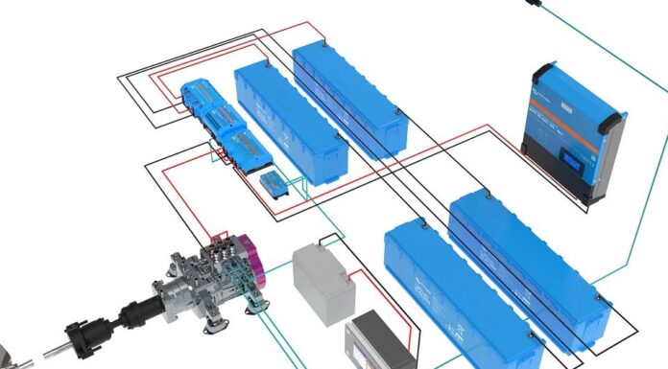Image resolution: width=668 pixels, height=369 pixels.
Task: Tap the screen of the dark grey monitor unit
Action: [378, 344]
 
